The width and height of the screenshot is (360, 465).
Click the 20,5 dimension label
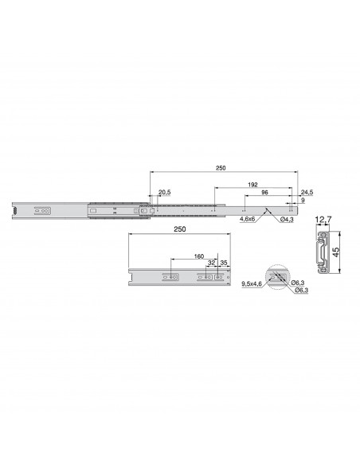165,192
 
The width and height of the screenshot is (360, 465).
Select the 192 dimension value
252,185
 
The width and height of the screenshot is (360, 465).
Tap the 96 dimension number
264,192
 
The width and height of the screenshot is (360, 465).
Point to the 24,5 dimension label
307,192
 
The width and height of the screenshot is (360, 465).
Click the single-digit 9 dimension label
303,200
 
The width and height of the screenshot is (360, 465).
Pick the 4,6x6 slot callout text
248,220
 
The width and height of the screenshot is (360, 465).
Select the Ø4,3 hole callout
287,220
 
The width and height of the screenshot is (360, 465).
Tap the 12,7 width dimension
323,220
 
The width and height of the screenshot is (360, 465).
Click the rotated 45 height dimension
336,252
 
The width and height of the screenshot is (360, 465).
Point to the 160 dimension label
198,256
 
